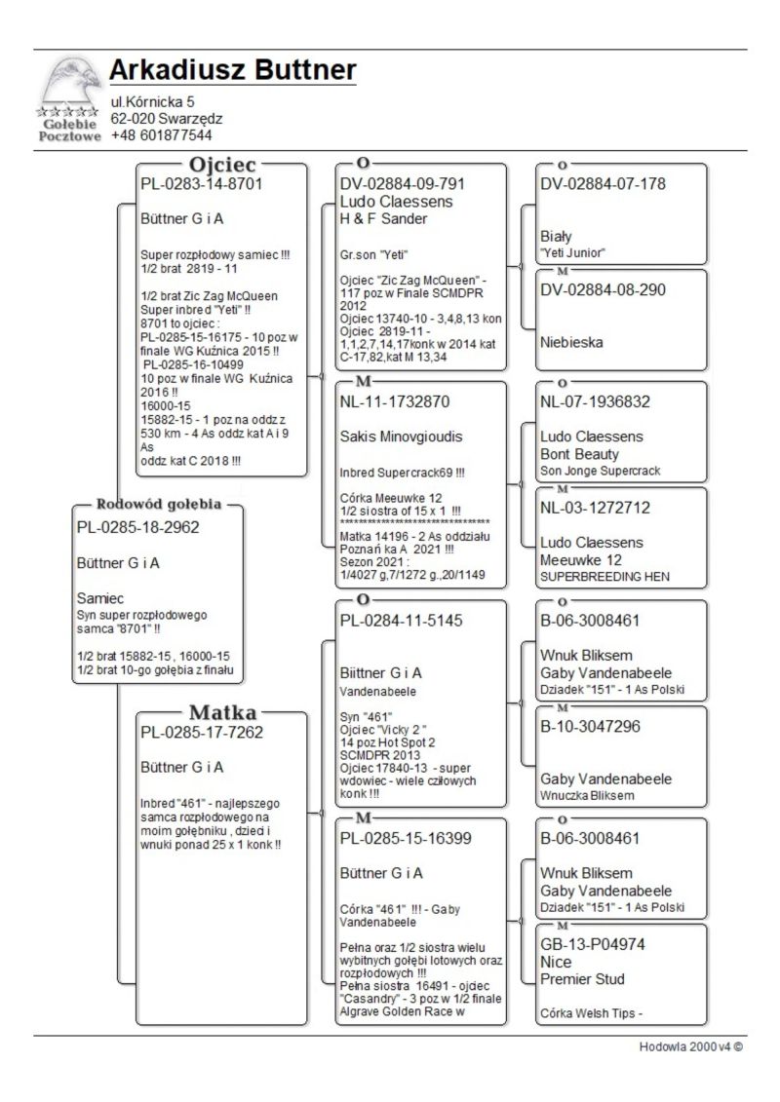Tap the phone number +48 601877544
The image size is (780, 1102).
click(161, 135)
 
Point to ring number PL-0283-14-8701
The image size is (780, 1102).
click(203, 182)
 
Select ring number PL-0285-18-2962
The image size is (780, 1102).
click(137, 527)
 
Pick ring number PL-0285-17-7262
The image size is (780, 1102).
click(203, 732)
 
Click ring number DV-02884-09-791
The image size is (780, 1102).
click(403, 183)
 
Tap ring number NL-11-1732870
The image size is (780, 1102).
click(395, 400)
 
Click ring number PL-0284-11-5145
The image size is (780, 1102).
click(401, 620)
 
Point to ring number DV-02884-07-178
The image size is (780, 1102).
click(603, 183)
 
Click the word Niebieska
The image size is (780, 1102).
click(571, 342)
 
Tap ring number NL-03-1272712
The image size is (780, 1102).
click(595, 508)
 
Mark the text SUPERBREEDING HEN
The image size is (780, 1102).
click(604, 577)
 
